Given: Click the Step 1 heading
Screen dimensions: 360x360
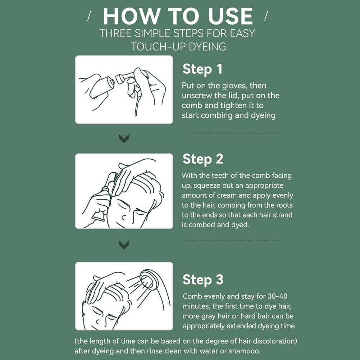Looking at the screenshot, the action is click(202, 69).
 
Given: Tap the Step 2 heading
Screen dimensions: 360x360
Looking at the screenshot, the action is click(203, 159).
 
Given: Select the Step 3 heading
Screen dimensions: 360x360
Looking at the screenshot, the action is click(203, 280).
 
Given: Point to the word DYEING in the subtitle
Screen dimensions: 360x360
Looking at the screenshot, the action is click(208, 47).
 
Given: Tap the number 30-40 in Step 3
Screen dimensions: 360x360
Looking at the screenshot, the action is click(277, 296).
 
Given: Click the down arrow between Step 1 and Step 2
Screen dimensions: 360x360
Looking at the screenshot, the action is click(124, 138).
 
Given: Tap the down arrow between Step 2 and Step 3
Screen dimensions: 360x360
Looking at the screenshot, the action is click(124, 245).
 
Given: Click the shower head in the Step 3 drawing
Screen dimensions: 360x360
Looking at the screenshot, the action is click(149, 279).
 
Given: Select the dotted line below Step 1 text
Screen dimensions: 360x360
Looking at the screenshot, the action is click(232, 134).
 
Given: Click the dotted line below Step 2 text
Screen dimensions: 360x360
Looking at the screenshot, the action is click(232, 240).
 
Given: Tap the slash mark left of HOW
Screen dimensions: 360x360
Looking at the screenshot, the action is click(89, 16).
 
